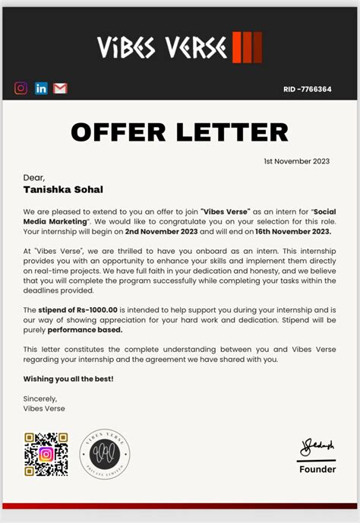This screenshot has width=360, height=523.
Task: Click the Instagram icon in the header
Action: (x=21, y=88)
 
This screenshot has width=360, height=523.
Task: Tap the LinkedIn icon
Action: (x=41, y=88)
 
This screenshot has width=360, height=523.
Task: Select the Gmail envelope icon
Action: (x=61, y=88)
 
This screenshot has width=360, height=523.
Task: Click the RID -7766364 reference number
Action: (x=308, y=89)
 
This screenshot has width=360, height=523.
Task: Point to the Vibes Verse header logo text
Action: (x=162, y=48)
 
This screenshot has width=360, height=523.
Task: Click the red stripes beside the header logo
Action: (x=247, y=47)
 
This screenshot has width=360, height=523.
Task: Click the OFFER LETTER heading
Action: (x=179, y=132)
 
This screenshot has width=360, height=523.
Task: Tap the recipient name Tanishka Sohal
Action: (x=62, y=189)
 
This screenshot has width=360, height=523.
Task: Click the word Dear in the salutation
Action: (x=34, y=177)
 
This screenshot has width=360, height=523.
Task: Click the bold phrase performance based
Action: (x=85, y=330)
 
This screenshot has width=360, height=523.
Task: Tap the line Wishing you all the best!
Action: (x=68, y=379)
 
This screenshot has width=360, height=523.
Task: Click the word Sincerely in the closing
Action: (x=40, y=398)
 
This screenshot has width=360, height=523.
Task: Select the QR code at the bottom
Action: (x=46, y=454)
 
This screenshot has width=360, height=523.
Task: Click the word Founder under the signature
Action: (x=317, y=469)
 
